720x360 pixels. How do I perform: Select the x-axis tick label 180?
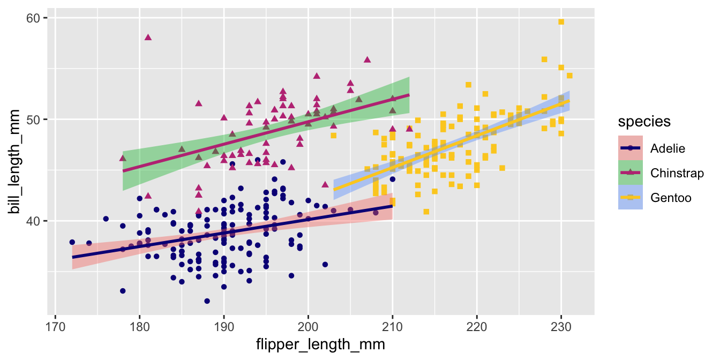point(139,326)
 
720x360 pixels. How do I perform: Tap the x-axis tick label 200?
point(308,326)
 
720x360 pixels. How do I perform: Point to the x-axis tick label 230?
point(561,326)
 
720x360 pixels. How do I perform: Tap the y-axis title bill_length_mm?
point(16,162)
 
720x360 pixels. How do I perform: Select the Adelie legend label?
point(667,148)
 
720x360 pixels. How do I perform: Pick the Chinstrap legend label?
point(677,172)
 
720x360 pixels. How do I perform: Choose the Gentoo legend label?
point(671,198)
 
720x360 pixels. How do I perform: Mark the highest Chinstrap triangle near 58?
point(148,37)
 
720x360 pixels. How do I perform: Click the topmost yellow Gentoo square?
point(561,22)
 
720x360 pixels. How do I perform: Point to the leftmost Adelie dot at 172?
point(72,242)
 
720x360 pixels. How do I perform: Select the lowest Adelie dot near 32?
point(207,301)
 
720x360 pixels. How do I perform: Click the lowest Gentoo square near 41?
point(426,212)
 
